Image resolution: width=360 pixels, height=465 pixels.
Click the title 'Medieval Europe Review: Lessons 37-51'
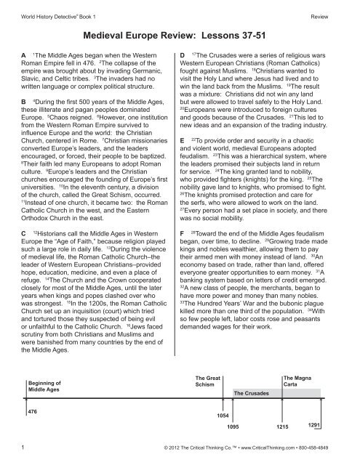[x=179, y=33]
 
